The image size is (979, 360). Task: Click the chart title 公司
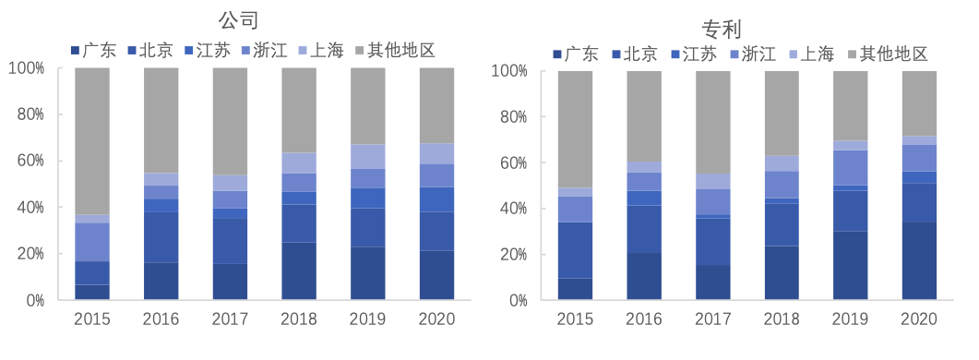click(237, 19)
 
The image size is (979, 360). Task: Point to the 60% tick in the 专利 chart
click(510, 163)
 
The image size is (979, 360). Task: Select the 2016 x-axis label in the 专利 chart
click(644, 319)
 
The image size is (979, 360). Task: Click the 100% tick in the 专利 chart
click(507, 71)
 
